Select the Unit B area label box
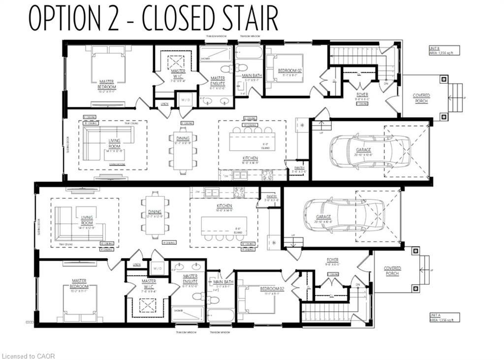(x=443, y=51)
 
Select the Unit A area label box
(x=443, y=317)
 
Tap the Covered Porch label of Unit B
(x=421, y=98)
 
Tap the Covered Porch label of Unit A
(x=392, y=271)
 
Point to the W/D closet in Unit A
(x=157, y=268)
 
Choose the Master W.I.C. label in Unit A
(x=148, y=287)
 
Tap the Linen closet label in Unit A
(x=136, y=265)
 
